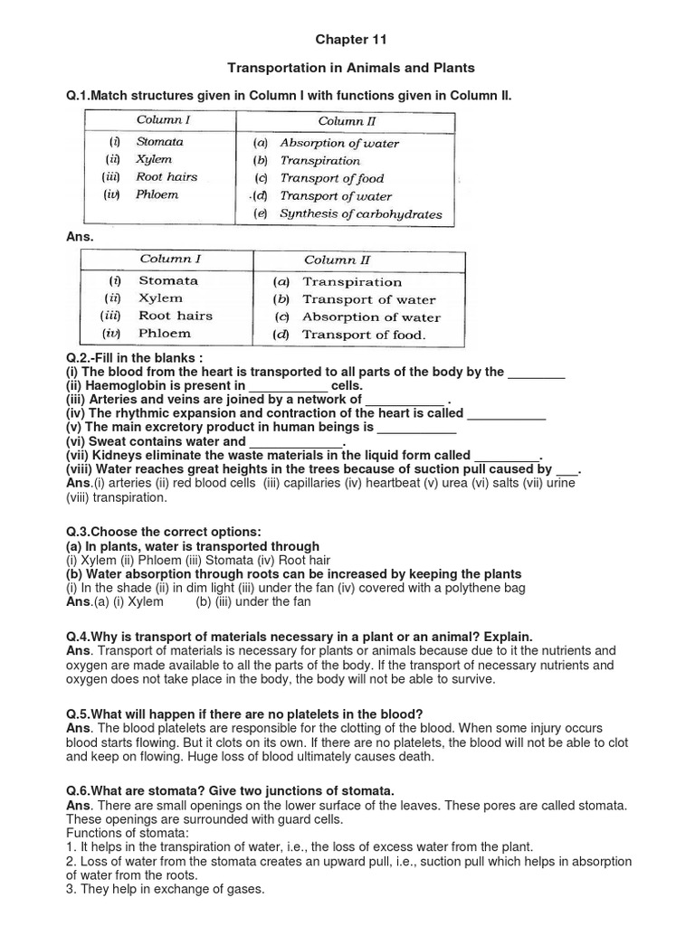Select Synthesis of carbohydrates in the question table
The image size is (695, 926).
click(x=360, y=214)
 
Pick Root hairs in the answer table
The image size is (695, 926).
click(x=176, y=316)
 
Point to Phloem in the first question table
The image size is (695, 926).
click(x=157, y=194)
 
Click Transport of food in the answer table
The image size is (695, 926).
click(x=363, y=335)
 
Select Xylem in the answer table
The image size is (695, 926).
click(x=160, y=298)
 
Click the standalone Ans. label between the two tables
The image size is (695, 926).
click(x=81, y=237)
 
